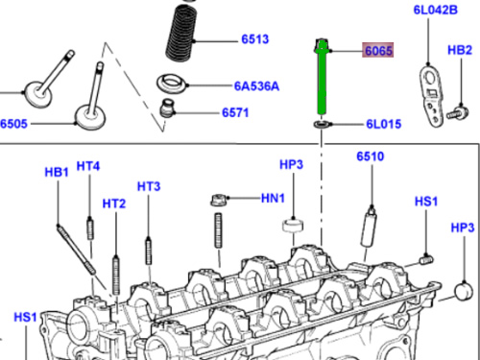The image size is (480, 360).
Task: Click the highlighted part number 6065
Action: (x=378, y=51)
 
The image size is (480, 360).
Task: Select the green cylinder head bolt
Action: (x=322, y=77)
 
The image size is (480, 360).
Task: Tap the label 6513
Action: (x=255, y=39)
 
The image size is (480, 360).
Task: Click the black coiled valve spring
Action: (x=181, y=34)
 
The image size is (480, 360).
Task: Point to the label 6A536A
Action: (x=256, y=86)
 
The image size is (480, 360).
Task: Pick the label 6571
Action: (x=235, y=112)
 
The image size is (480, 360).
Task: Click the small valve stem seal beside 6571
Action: (x=167, y=108)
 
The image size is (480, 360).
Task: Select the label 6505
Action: (x=13, y=124)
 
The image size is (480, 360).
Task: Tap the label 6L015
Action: (x=383, y=124)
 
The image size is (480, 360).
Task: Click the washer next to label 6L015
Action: (x=323, y=124)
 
